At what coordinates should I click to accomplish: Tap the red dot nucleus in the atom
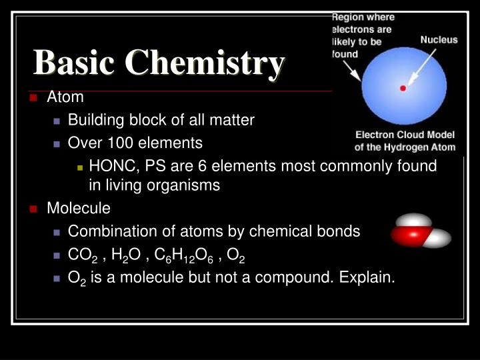pyautogui.click(x=402, y=88)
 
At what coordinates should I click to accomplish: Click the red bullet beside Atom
pyautogui.click(x=33, y=97)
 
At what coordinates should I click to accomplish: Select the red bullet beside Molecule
pyautogui.click(x=33, y=209)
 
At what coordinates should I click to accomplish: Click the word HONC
pyautogui.click(x=110, y=165)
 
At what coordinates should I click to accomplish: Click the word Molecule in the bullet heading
pyautogui.click(x=79, y=209)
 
